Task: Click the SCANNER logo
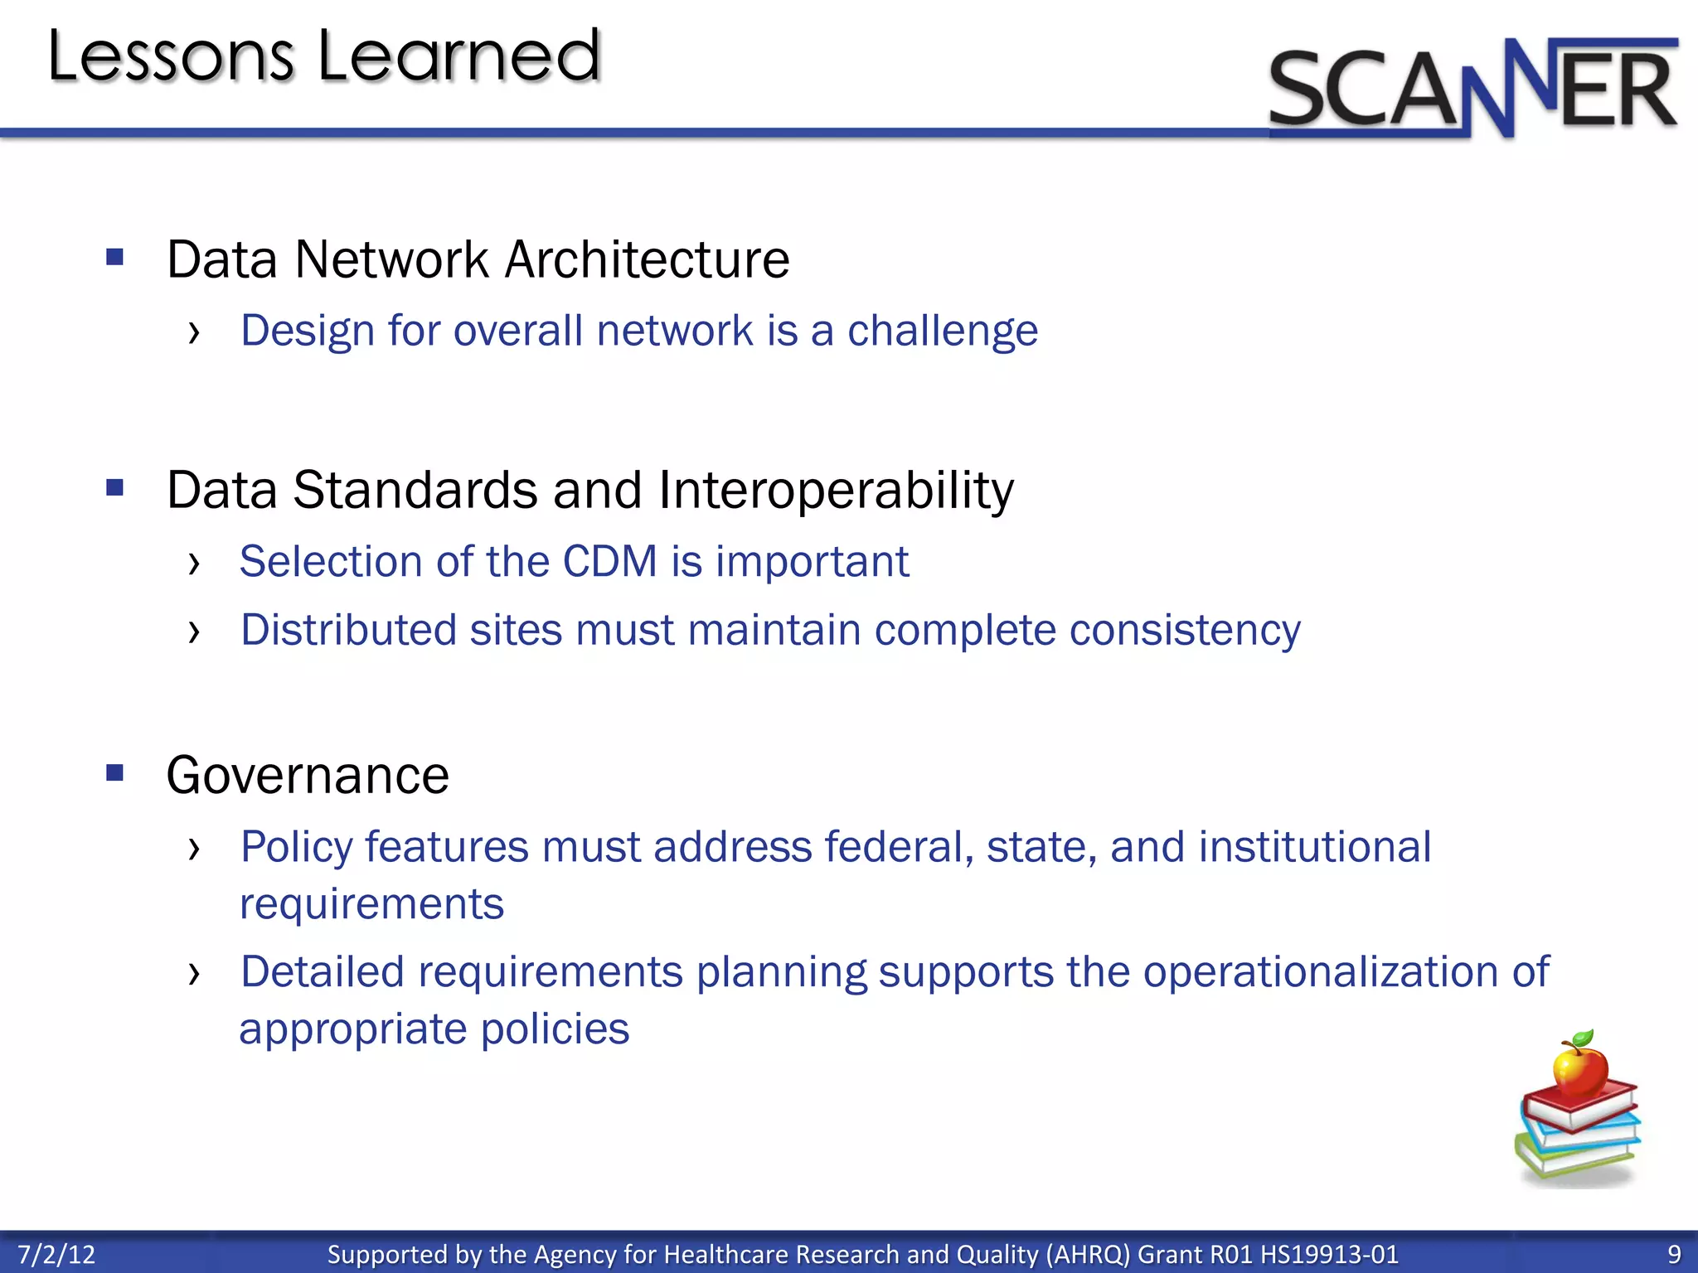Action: pyautogui.click(x=1472, y=88)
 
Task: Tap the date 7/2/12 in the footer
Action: pyautogui.click(x=56, y=1254)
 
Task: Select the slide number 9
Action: pyautogui.click(x=1674, y=1254)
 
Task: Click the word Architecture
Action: pyautogui.click(x=647, y=259)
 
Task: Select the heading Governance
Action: pyautogui.click(x=308, y=776)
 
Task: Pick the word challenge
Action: pyautogui.click(x=942, y=332)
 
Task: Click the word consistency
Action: pyautogui.click(x=1185, y=631)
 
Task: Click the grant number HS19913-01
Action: pyautogui.click(x=1329, y=1254)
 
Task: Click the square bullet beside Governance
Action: pyautogui.click(x=115, y=773)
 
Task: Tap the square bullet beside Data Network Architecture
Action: pyautogui.click(x=115, y=257)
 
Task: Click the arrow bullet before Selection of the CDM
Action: pyautogui.click(x=194, y=564)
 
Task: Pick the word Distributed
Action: pyautogui.click(x=348, y=630)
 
